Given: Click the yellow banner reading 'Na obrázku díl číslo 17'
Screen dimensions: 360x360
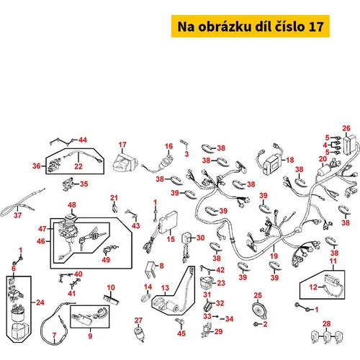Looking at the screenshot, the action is (251, 26).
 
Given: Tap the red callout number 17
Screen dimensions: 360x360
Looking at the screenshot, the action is (122, 145).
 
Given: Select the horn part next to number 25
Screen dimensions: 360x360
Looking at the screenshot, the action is (259, 310).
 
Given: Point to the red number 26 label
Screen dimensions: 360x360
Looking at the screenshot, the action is (346, 128).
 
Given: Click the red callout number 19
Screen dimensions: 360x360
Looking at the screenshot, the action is (274, 256).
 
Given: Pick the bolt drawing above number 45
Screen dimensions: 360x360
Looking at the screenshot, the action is (180, 321).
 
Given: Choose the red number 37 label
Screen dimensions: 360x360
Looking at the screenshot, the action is (17, 215).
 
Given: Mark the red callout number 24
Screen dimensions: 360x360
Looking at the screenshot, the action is (40, 302).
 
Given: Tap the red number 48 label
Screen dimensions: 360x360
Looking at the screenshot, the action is (72, 205).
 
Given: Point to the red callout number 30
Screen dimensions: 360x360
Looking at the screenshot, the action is (200, 238).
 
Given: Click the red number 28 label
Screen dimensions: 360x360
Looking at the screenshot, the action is (327, 324).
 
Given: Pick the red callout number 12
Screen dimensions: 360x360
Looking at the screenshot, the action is (313, 287).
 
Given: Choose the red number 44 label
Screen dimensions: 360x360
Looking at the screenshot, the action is (83, 140).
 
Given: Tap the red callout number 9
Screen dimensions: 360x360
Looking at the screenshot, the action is (90, 336).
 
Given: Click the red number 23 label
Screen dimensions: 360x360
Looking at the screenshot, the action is (221, 283).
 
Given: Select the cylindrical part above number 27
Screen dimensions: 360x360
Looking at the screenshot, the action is (139, 334).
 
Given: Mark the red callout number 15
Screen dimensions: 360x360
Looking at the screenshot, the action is (171, 239).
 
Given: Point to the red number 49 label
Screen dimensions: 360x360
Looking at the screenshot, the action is (106, 259).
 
